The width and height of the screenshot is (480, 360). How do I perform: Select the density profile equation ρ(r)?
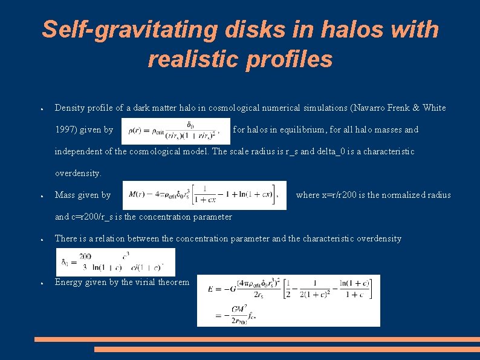[x=175, y=130]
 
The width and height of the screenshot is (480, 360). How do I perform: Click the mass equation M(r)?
[x=204, y=195]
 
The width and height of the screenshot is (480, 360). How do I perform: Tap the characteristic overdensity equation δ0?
[x=115, y=261]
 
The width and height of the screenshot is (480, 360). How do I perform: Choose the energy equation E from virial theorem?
[x=288, y=300]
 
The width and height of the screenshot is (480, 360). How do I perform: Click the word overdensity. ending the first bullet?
[x=78, y=173]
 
